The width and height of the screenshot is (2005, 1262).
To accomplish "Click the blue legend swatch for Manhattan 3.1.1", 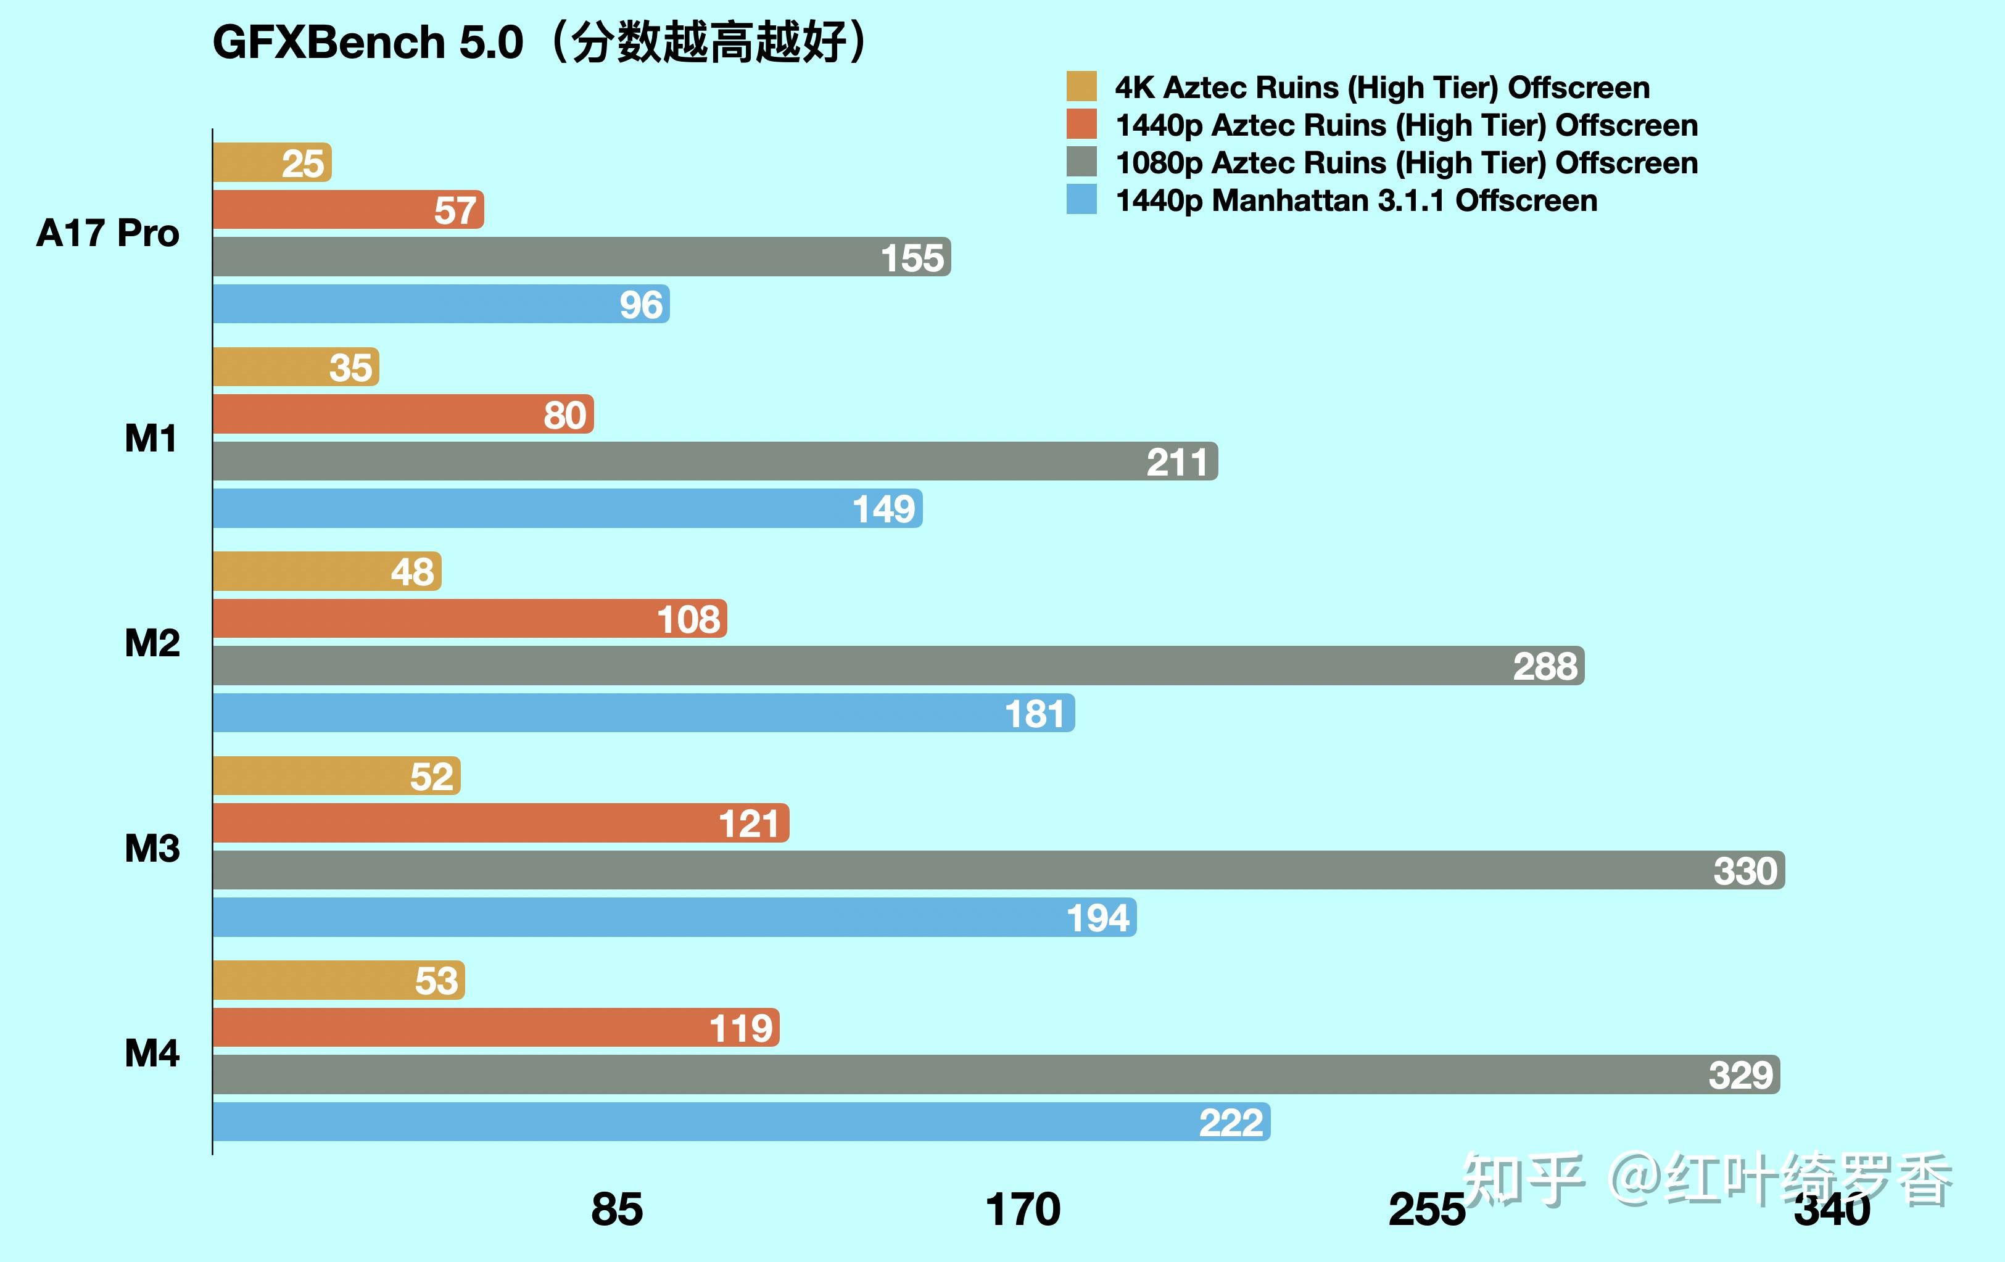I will [x=1081, y=200].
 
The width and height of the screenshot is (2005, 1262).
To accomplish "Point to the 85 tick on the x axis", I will [x=616, y=1209].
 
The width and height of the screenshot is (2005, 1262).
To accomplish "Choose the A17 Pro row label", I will [x=108, y=233].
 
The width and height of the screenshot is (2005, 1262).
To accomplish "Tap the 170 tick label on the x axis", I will [x=1022, y=1209].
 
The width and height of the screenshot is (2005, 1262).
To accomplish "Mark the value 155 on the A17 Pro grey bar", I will [x=912, y=258].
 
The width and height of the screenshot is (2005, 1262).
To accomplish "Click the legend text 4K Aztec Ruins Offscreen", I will [x=1382, y=88].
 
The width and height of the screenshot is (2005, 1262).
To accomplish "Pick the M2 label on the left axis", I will [x=152, y=643].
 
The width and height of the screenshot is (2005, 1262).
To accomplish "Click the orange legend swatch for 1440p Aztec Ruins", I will [x=1081, y=124].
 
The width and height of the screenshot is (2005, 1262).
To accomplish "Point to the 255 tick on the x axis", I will [x=1426, y=1209].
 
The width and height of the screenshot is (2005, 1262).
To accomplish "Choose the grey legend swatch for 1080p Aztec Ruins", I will [x=1081, y=162].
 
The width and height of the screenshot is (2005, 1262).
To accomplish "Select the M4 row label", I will [x=152, y=1053].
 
